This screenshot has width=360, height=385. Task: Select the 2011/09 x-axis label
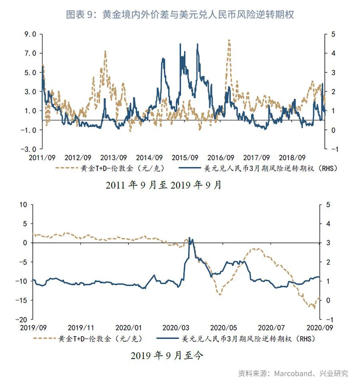(41, 158)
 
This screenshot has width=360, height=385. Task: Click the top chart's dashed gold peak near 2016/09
(229, 40)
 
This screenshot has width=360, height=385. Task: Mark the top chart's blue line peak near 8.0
(197, 44)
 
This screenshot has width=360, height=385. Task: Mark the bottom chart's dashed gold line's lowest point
(314, 308)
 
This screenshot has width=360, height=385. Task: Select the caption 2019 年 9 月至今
(167, 355)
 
